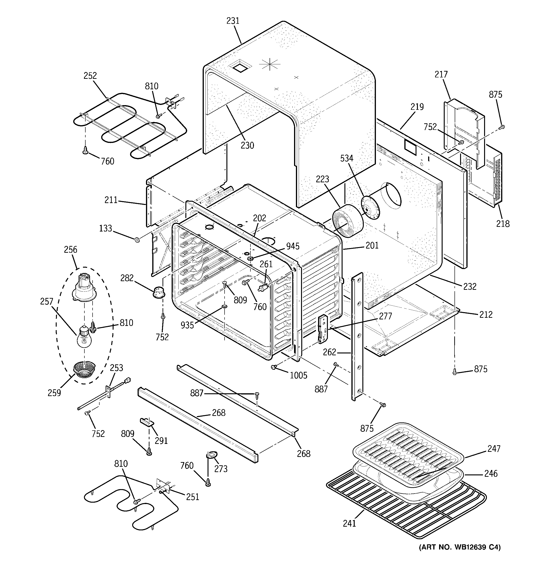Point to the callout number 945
tap(292, 246)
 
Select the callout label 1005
tap(298, 375)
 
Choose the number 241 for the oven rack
tap(349, 523)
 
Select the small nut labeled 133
tap(137, 240)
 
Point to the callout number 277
tap(385, 316)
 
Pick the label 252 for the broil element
tap(90, 76)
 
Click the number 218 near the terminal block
tap(503, 224)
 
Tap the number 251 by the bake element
tap(193, 497)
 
